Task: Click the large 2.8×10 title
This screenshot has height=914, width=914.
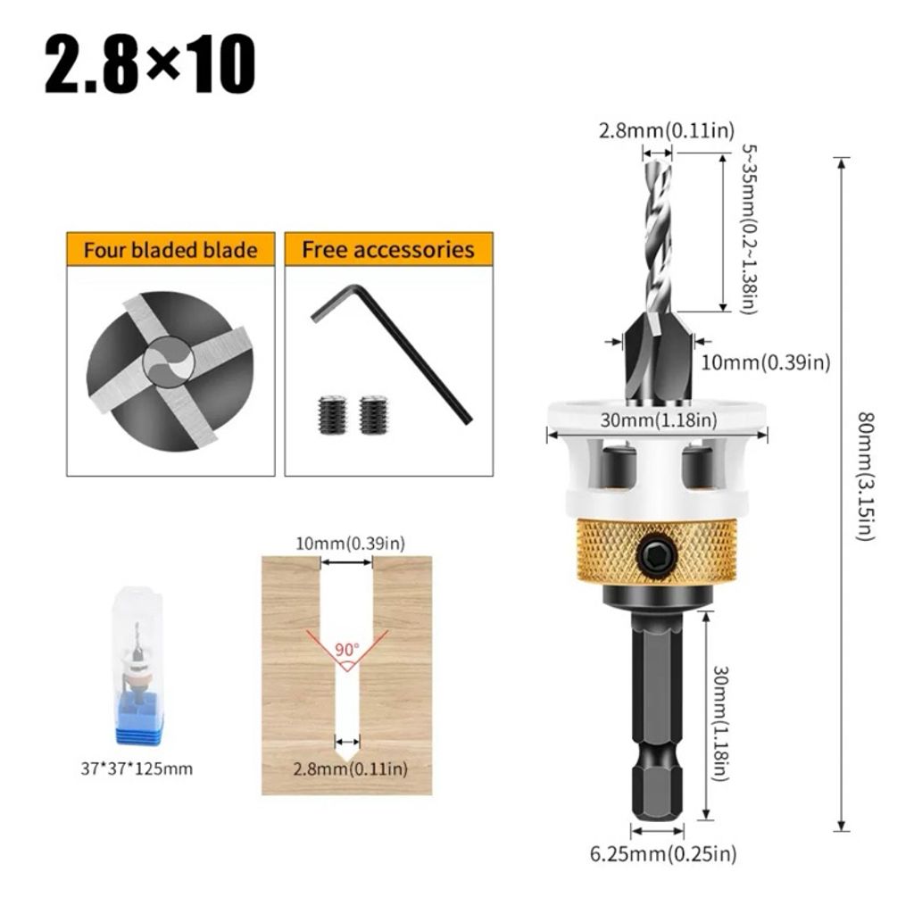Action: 150,63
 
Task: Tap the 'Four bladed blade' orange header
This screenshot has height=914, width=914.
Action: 170,250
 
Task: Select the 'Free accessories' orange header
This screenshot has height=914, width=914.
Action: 388,250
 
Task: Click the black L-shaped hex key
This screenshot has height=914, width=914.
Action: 391,353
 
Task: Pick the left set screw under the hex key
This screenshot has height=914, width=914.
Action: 333,415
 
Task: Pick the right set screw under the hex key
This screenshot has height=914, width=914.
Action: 373,415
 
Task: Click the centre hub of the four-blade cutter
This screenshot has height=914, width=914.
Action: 169,362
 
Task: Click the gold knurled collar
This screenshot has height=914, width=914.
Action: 656,552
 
